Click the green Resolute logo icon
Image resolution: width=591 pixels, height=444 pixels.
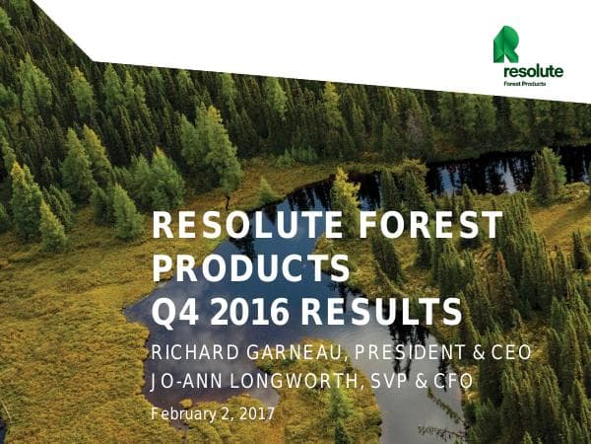507,45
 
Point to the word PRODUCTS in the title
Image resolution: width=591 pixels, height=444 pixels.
251,269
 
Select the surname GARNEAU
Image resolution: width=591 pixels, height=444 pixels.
293,354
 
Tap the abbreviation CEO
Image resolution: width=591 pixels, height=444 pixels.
510,354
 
